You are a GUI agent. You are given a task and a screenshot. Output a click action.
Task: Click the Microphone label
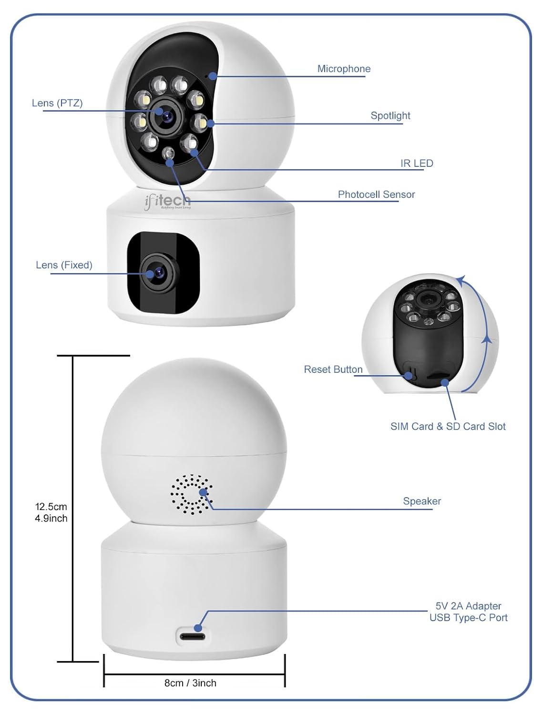(344, 69)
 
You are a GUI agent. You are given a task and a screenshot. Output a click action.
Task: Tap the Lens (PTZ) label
(57, 103)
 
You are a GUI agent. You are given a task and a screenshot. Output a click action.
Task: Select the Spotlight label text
(390, 115)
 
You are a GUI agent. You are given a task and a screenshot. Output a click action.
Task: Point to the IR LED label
(417, 163)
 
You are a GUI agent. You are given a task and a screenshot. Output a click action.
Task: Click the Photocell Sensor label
(376, 194)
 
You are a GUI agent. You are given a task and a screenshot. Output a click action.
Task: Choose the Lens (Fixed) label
(64, 265)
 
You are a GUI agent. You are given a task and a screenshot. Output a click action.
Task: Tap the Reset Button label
(333, 369)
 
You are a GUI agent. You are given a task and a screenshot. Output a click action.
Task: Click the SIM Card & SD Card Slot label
(448, 427)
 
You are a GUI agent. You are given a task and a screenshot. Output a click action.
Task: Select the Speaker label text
(422, 501)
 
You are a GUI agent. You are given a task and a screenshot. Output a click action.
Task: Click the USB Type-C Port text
(468, 618)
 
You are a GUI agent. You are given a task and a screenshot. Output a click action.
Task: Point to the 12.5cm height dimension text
(51, 507)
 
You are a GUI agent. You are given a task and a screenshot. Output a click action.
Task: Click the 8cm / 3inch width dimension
(190, 683)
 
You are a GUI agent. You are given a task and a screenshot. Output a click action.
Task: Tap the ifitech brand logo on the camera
(167, 201)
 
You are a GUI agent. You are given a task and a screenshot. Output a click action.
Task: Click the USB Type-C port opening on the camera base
(193, 636)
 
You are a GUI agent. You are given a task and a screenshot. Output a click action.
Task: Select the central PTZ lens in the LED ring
(166, 115)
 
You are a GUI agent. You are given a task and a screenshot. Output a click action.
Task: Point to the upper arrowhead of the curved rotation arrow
(460, 280)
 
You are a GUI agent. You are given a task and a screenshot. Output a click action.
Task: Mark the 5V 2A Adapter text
(468, 606)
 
